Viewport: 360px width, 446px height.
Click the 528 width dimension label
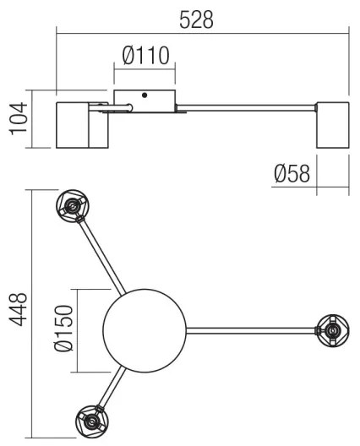(x=196, y=18)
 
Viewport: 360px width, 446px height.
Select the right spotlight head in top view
(x=331, y=330)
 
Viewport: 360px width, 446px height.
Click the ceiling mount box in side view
(x=145, y=98)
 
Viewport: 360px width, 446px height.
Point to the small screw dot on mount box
(x=145, y=95)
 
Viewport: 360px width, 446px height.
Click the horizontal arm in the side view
(x=245, y=106)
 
